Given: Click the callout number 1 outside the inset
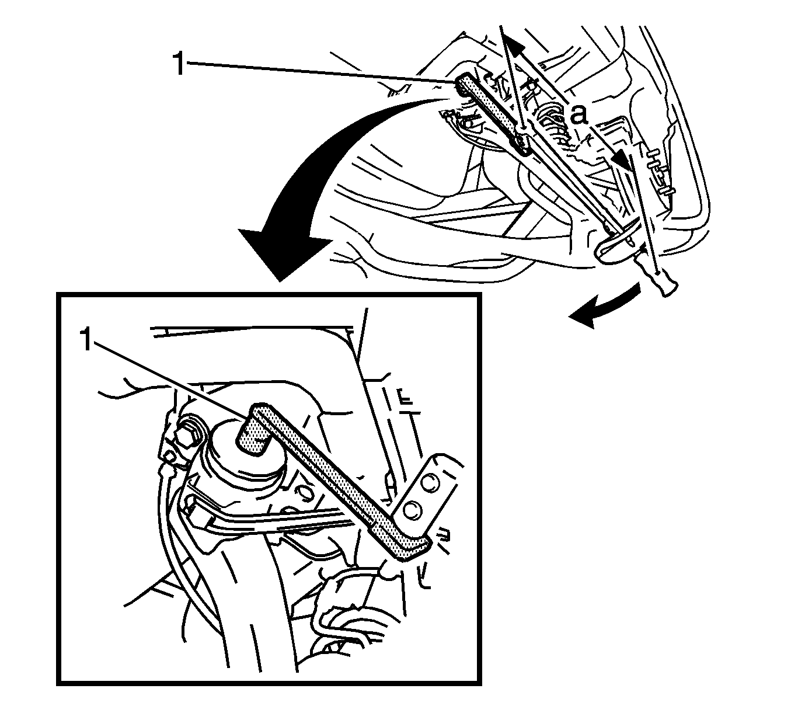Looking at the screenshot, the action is pos(179,64).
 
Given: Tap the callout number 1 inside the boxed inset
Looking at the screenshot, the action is pos(87,340).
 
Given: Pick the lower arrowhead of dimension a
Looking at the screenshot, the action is pos(622,160).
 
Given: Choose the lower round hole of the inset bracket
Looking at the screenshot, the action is pos(410,511).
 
